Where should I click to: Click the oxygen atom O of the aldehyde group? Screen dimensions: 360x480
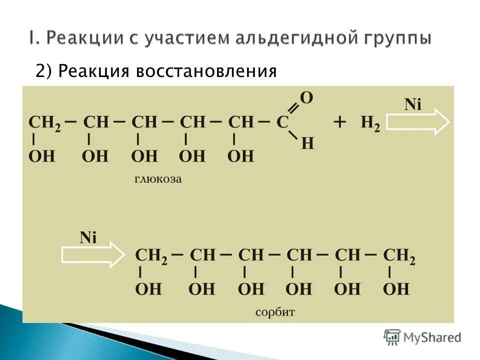[306, 98]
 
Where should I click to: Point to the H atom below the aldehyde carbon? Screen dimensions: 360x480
[308, 143]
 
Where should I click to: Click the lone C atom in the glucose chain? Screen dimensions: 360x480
[283, 122]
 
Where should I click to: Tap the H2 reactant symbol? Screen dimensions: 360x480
[370, 123]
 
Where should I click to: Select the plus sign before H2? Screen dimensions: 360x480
[340, 122]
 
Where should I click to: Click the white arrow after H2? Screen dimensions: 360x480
[418, 122]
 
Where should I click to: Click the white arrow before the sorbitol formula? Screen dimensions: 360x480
[93, 255]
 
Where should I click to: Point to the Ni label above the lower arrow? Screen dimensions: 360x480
[87, 237]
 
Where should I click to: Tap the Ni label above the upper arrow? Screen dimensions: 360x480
[413, 104]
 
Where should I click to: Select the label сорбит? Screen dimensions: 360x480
[275, 312]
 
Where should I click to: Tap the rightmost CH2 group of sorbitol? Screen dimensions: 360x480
[399, 255]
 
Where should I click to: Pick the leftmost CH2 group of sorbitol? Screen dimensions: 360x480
[152, 255]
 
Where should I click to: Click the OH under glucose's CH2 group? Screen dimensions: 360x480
[41, 156]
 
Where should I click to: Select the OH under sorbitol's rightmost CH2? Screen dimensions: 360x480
[396, 288]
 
